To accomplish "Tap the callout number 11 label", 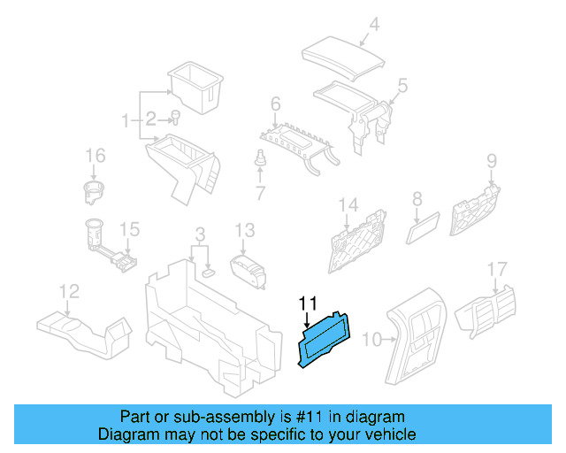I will click(307, 303).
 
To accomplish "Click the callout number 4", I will click(374, 25).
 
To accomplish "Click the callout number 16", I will click(95, 157).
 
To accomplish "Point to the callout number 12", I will click(68, 290).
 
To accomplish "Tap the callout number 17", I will click(498, 268).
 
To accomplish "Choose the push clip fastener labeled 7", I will click(260, 161).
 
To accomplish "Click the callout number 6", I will click(276, 105).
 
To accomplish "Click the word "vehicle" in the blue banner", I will click(386, 434).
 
